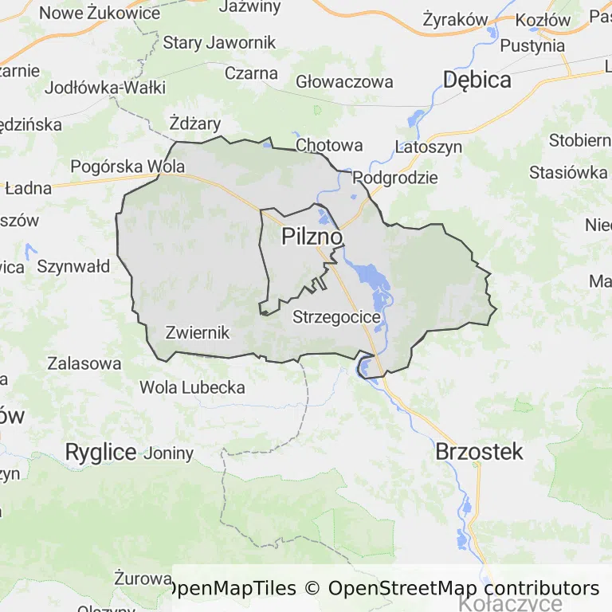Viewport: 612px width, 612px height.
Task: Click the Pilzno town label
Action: point(312,237)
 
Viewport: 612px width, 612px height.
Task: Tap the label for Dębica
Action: point(477,79)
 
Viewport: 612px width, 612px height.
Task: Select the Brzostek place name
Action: point(479,452)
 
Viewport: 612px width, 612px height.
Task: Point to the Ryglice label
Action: point(100,452)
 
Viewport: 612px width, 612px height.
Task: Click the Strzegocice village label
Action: point(336,316)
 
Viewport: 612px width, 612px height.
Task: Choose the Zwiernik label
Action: point(197,332)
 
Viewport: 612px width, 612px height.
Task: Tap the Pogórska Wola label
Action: point(127,167)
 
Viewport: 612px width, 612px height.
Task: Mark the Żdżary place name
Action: point(195,123)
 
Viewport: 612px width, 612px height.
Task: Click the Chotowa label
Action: point(329,145)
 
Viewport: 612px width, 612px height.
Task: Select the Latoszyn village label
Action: point(428,147)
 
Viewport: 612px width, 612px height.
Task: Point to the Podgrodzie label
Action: point(395,177)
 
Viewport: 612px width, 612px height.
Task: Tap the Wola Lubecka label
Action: point(192,387)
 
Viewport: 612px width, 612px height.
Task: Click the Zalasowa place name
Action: point(84,363)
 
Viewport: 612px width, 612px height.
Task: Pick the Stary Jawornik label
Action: point(219,43)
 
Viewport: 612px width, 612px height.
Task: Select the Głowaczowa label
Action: point(344,81)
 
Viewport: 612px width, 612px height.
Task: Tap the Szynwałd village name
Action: point(73,266)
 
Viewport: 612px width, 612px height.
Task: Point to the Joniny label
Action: point(168,453)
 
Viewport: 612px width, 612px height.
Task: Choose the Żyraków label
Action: point(455,19)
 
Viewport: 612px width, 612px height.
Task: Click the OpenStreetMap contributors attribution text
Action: point(464,588)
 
